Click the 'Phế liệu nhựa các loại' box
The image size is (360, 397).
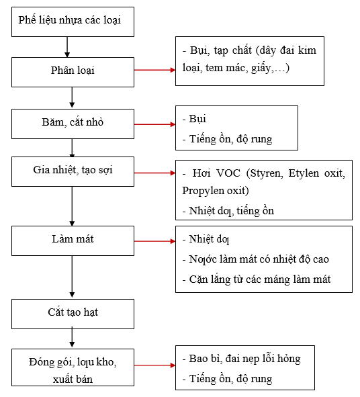pos(71,22)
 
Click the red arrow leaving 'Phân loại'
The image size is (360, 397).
pos(154,69)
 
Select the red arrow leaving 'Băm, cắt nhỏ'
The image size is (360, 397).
pos(154,124)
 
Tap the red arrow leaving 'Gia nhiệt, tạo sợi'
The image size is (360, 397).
pos(154,173)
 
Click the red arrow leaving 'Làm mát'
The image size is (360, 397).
pos(154,240)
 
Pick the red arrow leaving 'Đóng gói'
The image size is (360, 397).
pos(154,366)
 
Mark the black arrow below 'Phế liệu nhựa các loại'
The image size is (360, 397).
pos(67,46)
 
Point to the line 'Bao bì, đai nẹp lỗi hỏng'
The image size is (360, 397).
pos(242,359)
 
